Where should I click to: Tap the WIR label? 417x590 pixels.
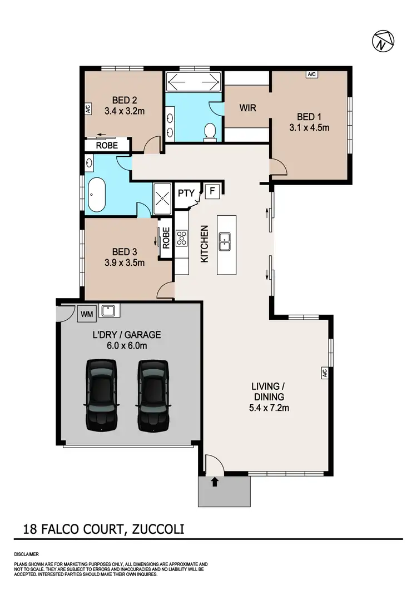pyautogui.click(x=248, y=107)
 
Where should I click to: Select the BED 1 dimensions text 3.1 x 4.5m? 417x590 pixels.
pyautogui.click(x=309, y=127)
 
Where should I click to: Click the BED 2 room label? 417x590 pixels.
pyautogui.click(x=125, y=100)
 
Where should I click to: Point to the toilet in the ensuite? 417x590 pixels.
pyautogui.click(x=210, y=131)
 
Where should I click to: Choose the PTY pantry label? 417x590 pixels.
pyautogui.click(x=186, y=194)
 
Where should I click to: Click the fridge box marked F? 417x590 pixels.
pyautogui.click(x=211, y=191)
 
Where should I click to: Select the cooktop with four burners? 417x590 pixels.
pyautogui.click(x=182, y=239)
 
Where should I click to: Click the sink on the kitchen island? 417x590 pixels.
pyautogui.click(x=225, y=242)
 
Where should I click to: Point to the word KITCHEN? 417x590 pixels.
pyautogui.click(x=204, y=244)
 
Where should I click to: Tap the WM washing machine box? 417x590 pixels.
pyautogui.click(x=87, y=314)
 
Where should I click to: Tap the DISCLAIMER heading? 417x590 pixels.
pyautogui.click(x=26, y=554)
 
